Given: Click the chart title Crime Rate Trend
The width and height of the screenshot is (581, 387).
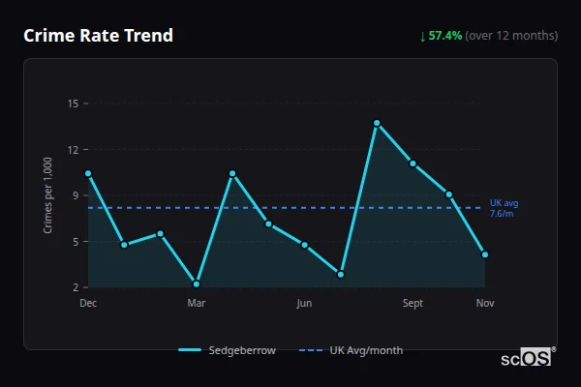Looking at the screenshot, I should [98, 36].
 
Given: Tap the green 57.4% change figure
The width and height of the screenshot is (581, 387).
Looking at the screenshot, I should [445, 36].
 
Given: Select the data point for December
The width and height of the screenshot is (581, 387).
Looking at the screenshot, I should [88, 173].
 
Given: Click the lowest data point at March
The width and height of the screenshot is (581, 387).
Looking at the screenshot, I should [197, 283].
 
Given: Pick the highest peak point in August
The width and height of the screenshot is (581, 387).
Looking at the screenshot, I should [377, 123].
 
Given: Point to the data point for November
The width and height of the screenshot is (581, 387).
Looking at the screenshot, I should [485, 254].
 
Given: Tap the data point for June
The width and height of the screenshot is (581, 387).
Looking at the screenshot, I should [304, 245].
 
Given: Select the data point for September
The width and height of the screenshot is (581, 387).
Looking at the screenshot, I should [413, 164].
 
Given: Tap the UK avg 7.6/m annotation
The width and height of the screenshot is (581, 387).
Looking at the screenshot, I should [504, 208].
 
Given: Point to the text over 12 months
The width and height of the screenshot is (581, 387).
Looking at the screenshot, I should [511, 36].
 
